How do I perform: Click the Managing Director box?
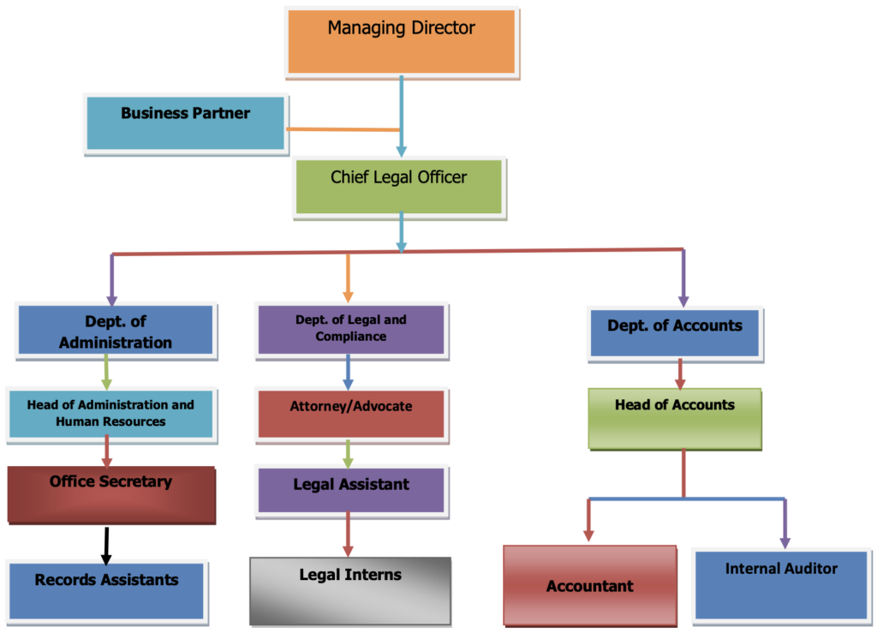(401, 41)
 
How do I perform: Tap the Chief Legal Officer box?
(399, 186)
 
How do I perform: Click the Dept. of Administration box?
(116, 331)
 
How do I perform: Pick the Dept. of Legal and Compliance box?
(350, 329)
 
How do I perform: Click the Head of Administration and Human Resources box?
(110, 413)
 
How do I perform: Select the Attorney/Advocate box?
(351, 414)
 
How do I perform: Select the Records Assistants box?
(106, 589)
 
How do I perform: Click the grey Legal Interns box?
(350, 590)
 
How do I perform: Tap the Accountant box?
(590, 585)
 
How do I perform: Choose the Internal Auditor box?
(781, 583)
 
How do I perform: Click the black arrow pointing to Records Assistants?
(106, 545)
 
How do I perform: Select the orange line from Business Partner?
(343, 129)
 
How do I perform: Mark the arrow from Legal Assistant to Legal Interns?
(348, 534)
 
